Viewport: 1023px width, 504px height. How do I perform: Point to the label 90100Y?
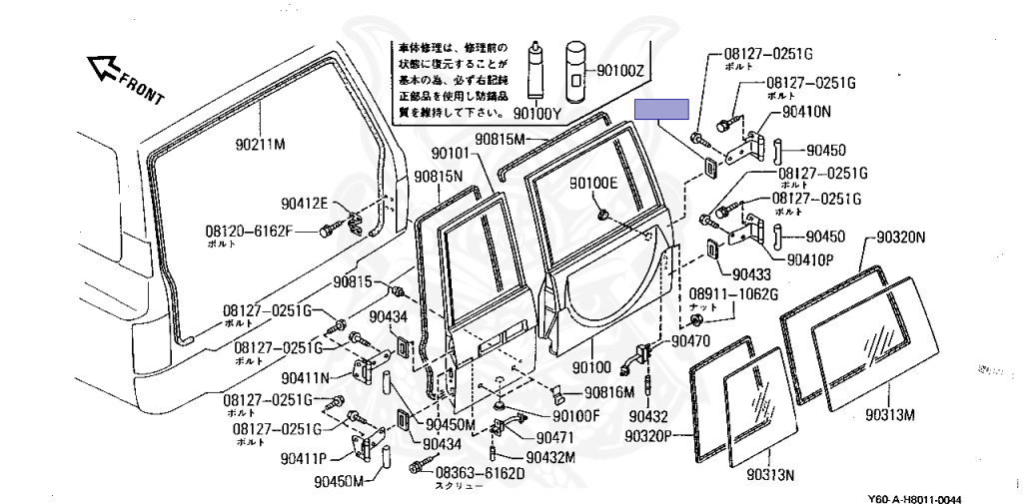click(538, 113)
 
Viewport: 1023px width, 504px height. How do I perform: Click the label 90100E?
click(594, 183)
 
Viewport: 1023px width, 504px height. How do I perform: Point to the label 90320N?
click(901, 238)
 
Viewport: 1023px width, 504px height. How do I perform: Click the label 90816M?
click(609, 392)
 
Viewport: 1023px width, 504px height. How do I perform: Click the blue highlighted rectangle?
click(664, 109)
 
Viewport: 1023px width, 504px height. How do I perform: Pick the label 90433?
click(752, 272)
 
